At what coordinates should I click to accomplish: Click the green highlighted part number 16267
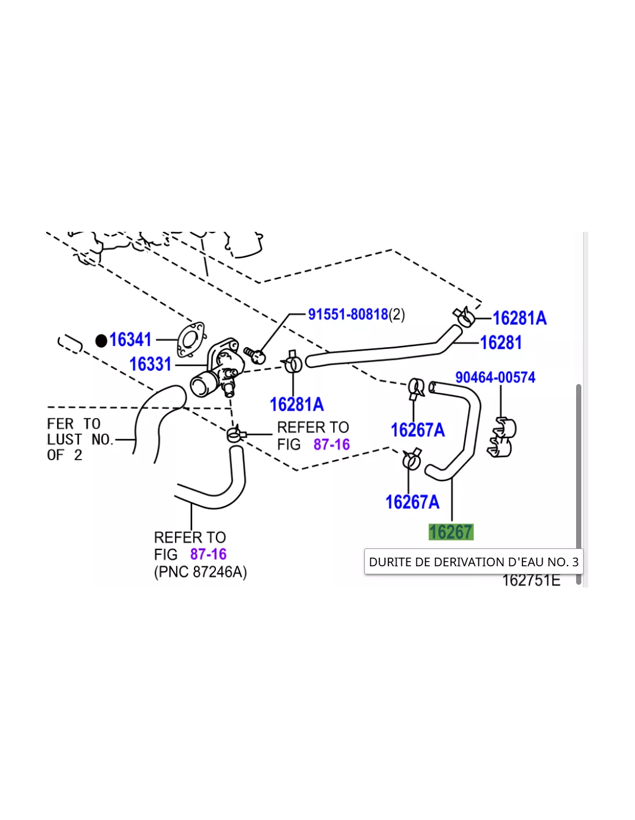(451, 532)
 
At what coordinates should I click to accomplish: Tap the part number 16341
(130, 340)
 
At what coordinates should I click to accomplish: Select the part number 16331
(150, 364)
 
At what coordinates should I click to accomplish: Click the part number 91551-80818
(348, 314)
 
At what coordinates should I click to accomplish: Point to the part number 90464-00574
(495, 377)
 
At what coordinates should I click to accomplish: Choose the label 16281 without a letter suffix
(501, 343)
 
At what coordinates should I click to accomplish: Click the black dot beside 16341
(101, 341)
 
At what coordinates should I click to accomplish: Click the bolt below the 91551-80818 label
(255, 355)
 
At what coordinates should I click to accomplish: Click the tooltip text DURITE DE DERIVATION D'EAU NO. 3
(474, 562)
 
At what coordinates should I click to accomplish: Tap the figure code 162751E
(531, 580)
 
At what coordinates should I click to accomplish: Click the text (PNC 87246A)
(200, 572)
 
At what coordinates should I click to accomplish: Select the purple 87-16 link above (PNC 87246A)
(208, 554)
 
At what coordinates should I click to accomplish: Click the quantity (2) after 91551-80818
(397, 314)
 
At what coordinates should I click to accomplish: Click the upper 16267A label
(418, 430)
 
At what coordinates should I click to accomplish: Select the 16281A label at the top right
(520, 318)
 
